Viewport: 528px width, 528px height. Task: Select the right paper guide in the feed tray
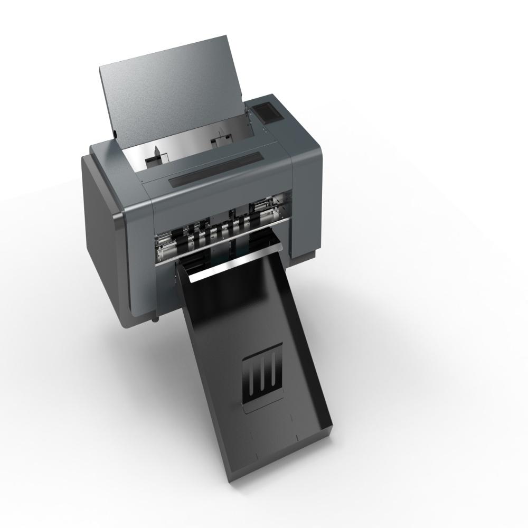click(x=219, y=142)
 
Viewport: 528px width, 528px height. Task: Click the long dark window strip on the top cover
click(x=215, y=168)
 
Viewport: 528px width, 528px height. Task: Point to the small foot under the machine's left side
click(x=155, y=319)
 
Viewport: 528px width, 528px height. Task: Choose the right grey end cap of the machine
click(x=306, y=201)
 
